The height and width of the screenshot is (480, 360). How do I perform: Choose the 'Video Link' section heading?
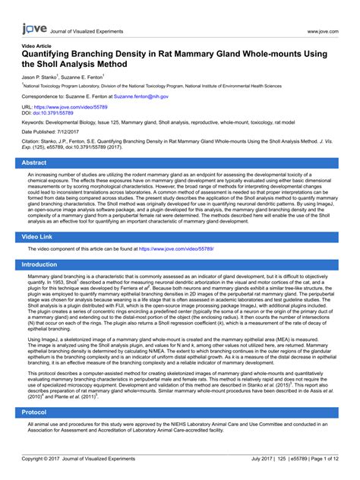43,237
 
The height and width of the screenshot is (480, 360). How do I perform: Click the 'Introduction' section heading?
45,264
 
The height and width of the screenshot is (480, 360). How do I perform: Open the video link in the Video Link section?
176,248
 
